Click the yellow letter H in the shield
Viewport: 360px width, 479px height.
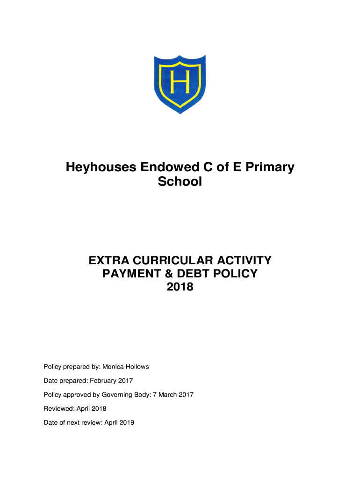tap(180, 82)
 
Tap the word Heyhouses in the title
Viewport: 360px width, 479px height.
tap(99, 167)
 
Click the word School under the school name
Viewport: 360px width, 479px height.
tap(180, 182)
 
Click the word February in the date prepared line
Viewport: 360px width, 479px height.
tap(106, 381)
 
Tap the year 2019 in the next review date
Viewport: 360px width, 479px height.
tap(126, 423)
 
